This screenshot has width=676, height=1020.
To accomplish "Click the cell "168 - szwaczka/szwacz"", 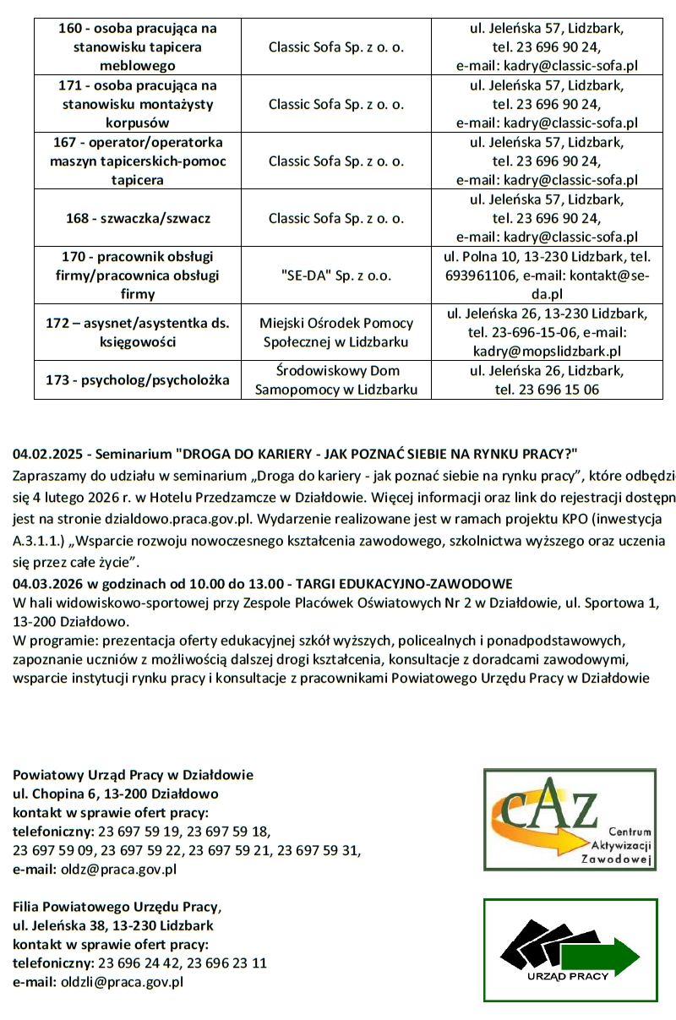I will [138, 218].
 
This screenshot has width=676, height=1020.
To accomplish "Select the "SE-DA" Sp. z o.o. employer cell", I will [336, 275].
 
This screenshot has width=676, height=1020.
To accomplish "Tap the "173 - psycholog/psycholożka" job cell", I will [138, 380].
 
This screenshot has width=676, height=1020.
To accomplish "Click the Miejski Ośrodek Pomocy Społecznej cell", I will [336, 332].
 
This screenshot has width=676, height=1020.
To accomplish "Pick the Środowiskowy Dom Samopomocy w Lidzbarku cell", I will [336, 380].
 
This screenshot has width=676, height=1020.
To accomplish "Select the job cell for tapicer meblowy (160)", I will [138, 46].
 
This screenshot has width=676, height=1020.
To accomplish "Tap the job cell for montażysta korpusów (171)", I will [138, 104].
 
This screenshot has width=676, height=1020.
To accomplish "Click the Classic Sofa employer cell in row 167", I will [336, 161].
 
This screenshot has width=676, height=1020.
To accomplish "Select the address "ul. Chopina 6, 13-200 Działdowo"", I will [116, 794].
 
